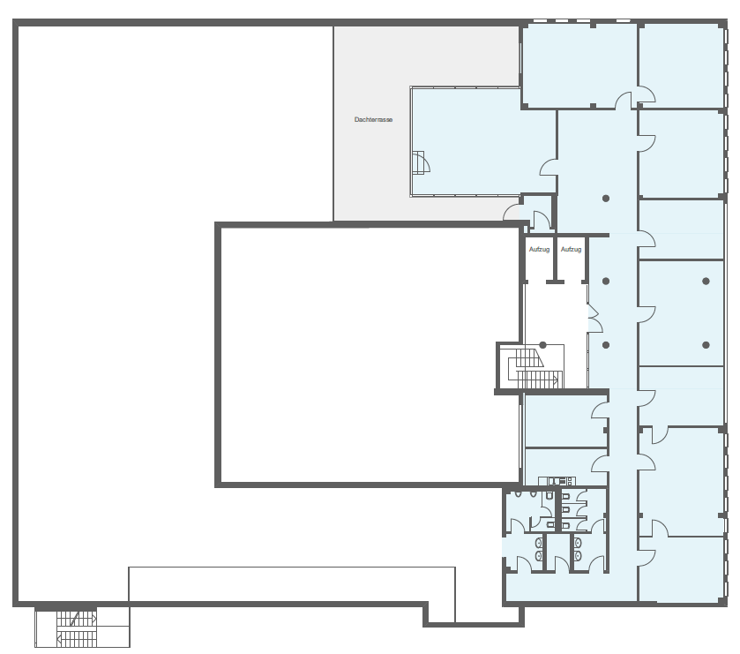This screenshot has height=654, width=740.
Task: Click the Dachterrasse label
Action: tap(373, 119)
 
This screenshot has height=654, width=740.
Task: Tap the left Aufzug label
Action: tap(539, 249)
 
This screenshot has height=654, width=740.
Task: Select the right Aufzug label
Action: tap(571, 249)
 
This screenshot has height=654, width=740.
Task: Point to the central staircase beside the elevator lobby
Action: tap(535, 367)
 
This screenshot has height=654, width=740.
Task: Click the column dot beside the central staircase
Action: tap(542, 345)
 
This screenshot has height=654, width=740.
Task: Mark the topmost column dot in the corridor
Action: tap(606, 199)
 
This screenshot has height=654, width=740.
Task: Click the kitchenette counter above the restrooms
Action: tap(557, 481)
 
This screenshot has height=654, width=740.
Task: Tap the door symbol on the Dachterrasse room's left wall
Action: tap(421, 163)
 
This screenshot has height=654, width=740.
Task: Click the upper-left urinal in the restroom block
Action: tap(519, 494)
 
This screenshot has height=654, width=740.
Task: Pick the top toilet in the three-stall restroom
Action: tap(566, 496)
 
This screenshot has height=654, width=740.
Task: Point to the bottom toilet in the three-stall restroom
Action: tap(566, 525)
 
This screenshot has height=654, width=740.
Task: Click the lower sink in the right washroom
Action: tap(578, 555)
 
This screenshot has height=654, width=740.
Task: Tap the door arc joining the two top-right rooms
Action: tap(647, 94)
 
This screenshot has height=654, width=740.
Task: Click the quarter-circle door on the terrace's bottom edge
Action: tap(511, 213)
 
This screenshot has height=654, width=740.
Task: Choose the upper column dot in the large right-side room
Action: tap(706, 281)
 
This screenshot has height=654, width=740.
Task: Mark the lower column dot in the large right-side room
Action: tap(706, 345)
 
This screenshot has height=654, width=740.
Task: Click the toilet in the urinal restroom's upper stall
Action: tap(549, 495)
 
